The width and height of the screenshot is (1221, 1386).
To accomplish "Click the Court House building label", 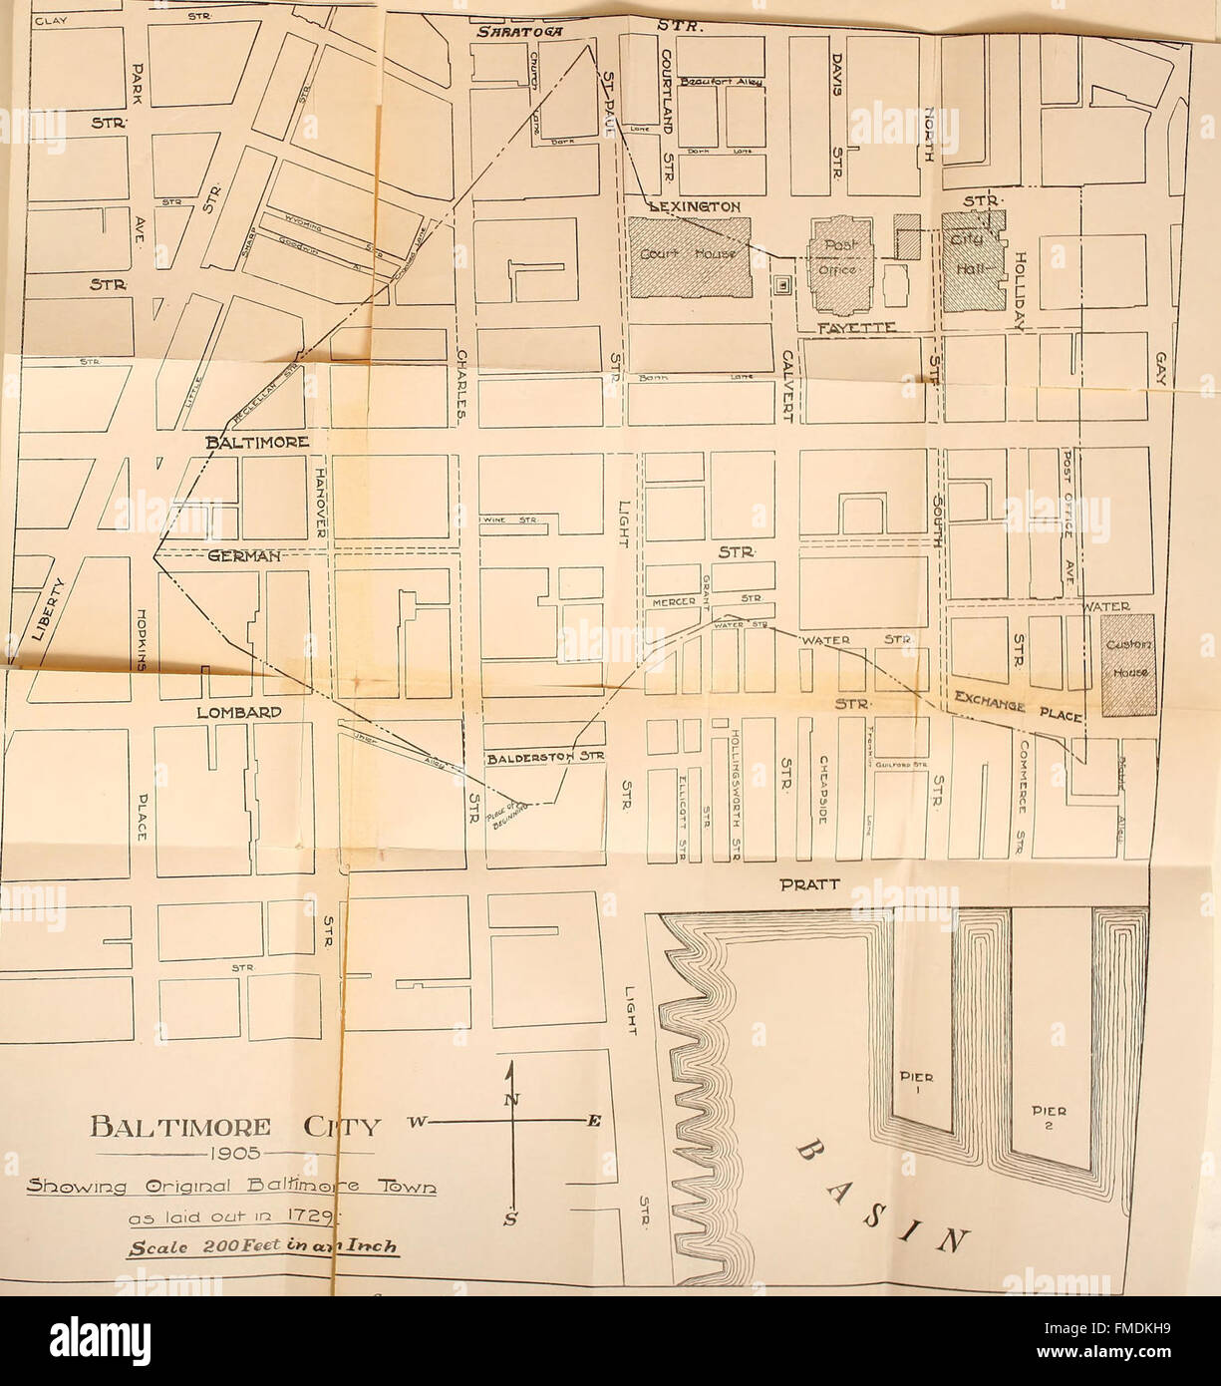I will [690, 254].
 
